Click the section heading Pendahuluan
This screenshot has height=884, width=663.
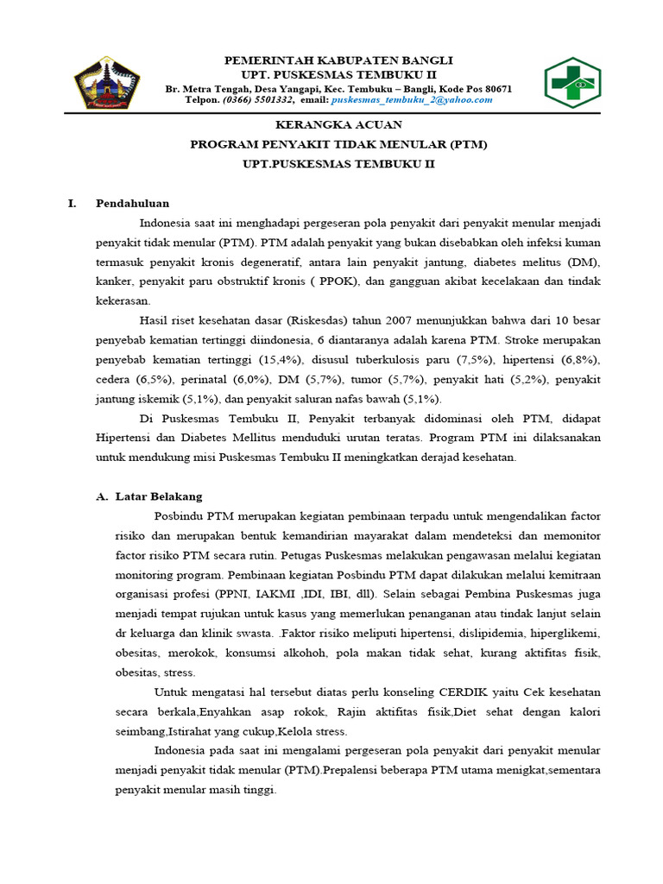click(133, 204)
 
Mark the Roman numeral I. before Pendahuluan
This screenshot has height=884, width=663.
click(73, 204)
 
